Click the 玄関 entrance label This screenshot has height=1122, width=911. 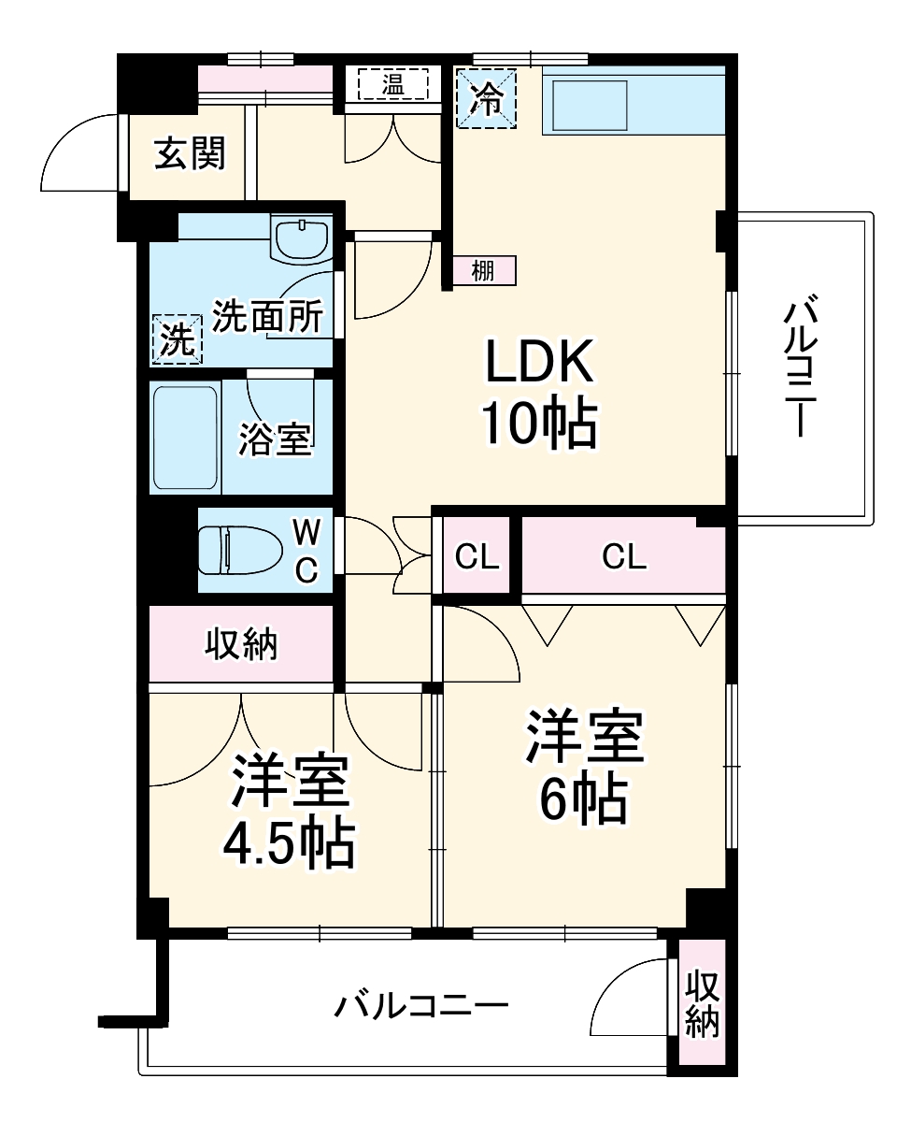click(190, 154)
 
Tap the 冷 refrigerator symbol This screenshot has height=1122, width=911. click(486, 98)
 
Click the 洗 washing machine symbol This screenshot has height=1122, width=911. click(177, 338)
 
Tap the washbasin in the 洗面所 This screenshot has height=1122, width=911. click(300, 238)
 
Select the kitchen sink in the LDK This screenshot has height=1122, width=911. click(590, 105)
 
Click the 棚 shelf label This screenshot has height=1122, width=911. click(483, 271)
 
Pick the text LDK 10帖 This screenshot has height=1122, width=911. click(538, 393)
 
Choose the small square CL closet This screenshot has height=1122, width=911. click(477, 556)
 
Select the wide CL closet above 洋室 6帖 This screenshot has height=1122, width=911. click(624, 557)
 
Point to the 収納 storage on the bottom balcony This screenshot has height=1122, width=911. click(703, 1005)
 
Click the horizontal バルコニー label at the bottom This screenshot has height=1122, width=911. click(422, 1007)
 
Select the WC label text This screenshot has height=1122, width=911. click(306, 551)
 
